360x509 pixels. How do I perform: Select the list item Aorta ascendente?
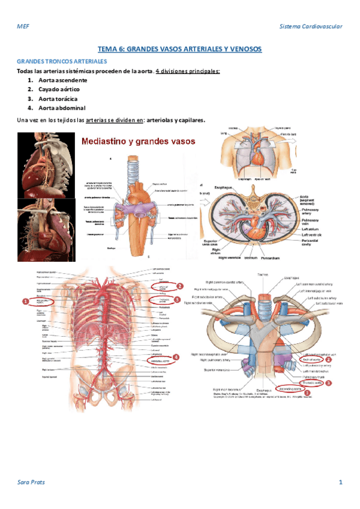coord(63,80)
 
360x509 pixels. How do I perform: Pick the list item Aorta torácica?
coord(58,98)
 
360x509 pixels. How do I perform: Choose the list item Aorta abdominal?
coord(61,107)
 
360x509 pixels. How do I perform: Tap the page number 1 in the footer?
coord(340,482)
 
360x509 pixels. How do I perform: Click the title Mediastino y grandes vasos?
coord(139,142)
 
